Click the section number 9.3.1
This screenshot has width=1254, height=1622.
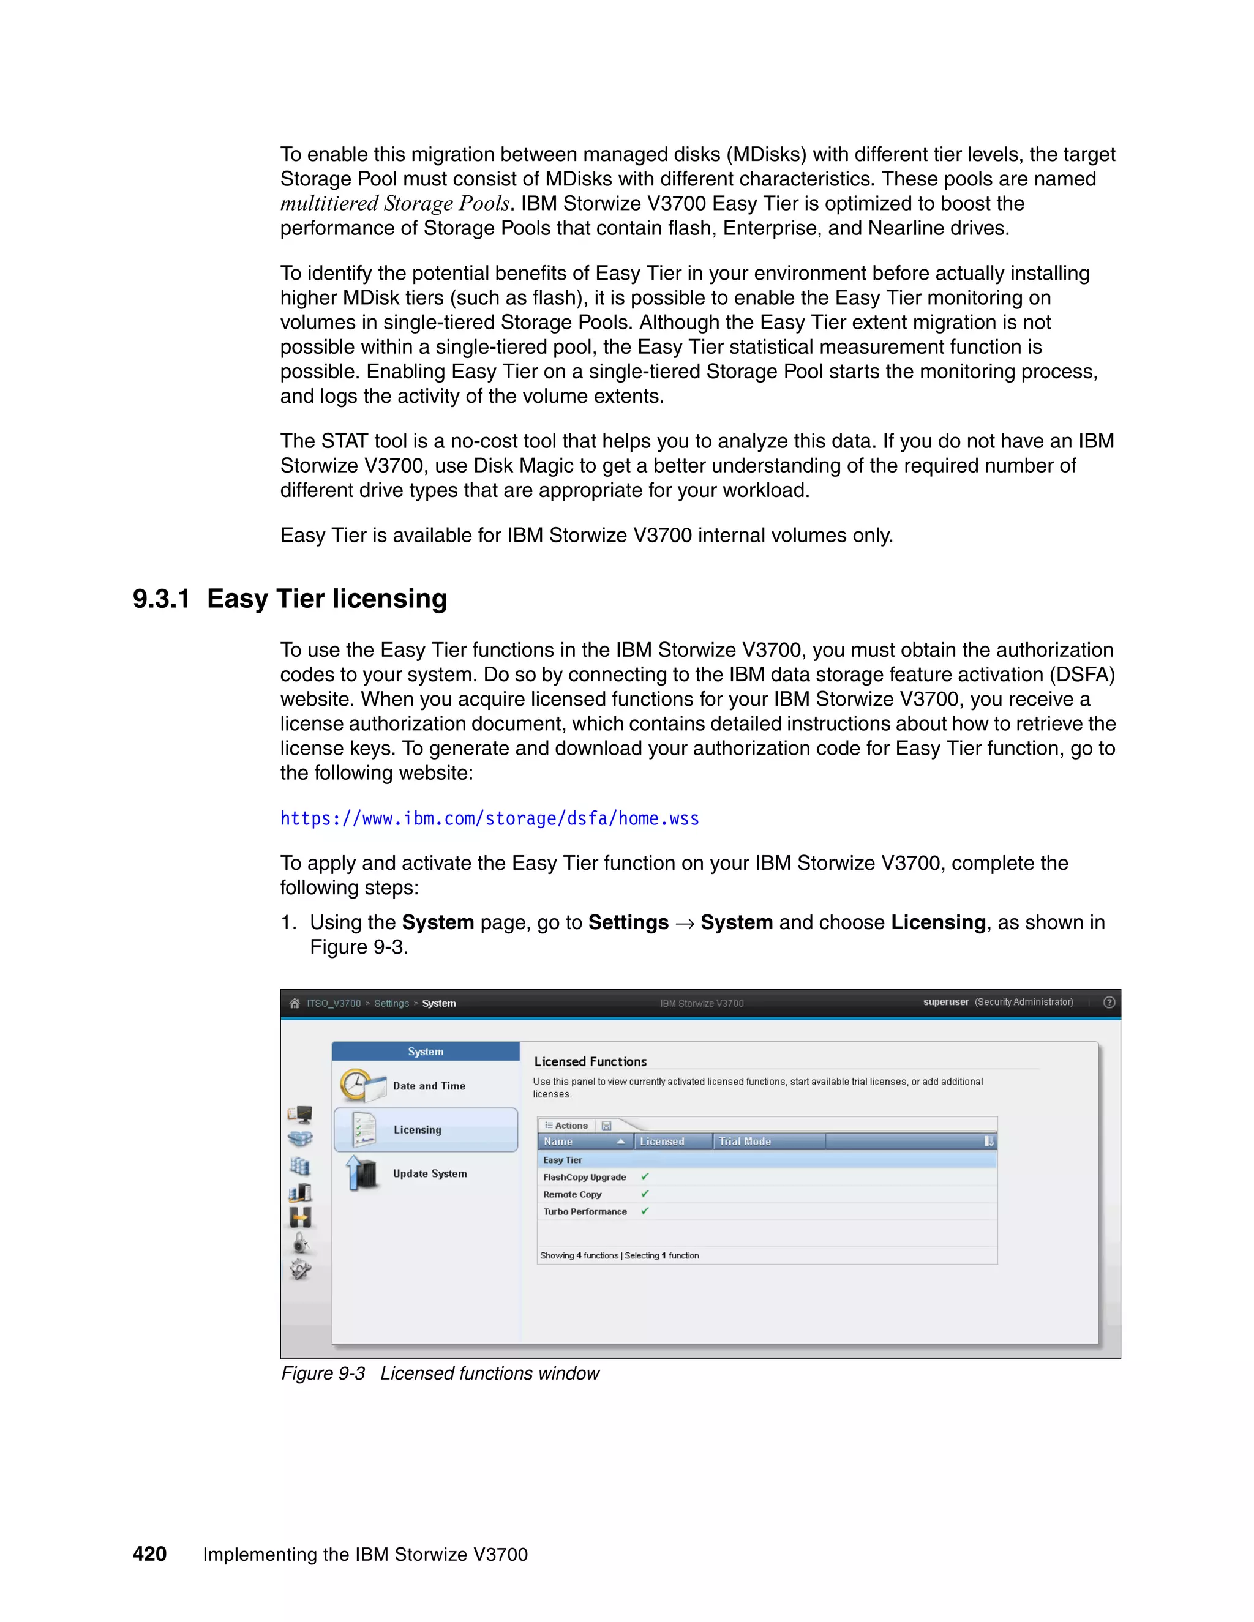[161, 599]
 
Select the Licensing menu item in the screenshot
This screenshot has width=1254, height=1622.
[418, 1130]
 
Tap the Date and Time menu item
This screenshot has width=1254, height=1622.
[429, 1086]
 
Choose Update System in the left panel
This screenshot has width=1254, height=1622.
[429, 1173]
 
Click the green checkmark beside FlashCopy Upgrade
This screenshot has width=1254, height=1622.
[645, 1176]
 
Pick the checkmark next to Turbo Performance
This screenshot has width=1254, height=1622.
[645, 1211]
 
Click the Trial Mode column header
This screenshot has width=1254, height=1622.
[745, 1142]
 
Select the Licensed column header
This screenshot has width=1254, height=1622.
[661, 1142]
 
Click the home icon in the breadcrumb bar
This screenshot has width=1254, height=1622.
[294, 1003]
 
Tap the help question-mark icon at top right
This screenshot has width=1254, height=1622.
[1109, 1003]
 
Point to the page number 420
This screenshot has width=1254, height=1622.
[149, 1553]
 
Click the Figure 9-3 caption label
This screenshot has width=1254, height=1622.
[323, 1373]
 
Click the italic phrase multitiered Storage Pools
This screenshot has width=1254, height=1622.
[394, 203]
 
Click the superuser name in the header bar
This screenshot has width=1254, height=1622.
[945, 1002]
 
